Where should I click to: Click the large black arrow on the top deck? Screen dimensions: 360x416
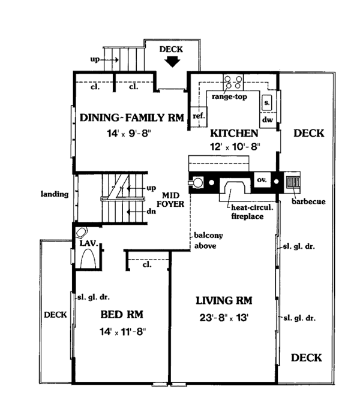point(172,62)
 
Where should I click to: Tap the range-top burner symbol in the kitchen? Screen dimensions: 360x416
point(233,82)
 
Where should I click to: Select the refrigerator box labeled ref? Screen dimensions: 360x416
point(199,116)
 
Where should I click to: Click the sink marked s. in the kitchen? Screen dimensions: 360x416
point(267,103)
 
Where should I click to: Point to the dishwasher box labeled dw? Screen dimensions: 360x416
point(268,120)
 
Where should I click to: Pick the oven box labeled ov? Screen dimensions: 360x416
point(262,180)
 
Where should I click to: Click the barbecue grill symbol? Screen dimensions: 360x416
point(293,182)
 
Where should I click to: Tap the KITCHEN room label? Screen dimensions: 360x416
point(234,133)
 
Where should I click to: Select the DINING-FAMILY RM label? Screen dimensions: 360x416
point(132,117)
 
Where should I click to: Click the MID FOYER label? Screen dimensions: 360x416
point(170,200)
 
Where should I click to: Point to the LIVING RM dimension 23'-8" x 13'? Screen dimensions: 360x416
point(224,317)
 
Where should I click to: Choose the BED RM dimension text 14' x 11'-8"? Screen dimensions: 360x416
point(123,331)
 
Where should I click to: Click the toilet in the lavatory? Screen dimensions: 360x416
point(81,233)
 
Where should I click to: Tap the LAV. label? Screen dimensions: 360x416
point(89,243)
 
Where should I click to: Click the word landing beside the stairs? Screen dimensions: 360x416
point(55,194)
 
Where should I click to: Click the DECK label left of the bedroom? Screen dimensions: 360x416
point(55,315)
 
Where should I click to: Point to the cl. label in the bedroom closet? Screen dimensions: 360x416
point(147,264)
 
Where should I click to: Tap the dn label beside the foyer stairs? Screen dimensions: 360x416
point(151,212)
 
